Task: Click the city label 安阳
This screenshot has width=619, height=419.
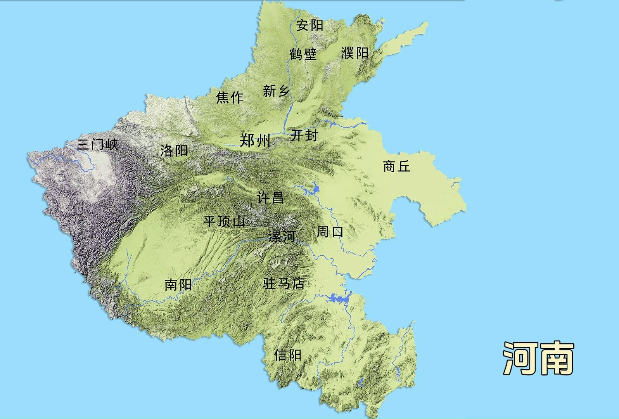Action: pos(309,26)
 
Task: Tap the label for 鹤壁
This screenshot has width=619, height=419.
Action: pos(303,54)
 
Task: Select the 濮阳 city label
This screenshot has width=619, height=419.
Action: pos(354,53)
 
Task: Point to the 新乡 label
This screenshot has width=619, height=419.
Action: pos(276,91)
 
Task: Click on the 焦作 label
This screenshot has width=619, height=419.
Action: pos(230,97)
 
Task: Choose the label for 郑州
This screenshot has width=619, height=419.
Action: pos(255,140)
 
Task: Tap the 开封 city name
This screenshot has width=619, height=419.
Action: pos(304,135)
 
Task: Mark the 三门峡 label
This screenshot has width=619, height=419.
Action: pos(97,145)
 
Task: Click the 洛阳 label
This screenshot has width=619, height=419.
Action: pos(174,151)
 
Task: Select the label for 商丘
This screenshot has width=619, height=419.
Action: pos(396,167)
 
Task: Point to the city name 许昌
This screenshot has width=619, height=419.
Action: pos(270,197)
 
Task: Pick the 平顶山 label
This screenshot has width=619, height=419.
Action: pos(225,222)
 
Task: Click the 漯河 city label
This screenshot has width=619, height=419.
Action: pos(282,236)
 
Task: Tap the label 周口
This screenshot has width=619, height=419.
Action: pos(330,232)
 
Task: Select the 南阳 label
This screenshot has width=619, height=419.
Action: pos(178,285)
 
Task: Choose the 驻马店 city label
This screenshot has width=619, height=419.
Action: pos(284,284)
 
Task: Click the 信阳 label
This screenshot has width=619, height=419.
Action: pos(287,355)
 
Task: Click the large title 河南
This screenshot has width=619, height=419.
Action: pos(539,358)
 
